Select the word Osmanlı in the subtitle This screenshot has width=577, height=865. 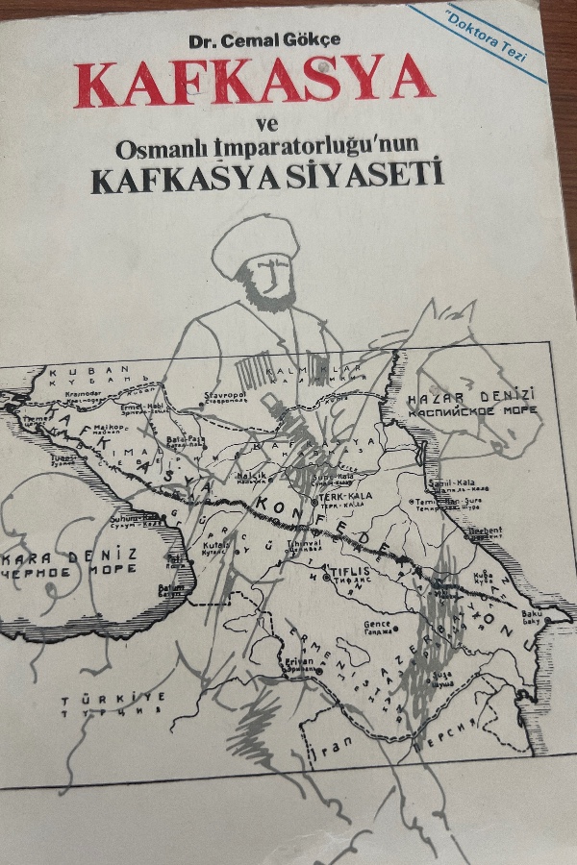[x=155, y=150]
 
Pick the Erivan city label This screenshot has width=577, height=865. [x=299, y=663]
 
